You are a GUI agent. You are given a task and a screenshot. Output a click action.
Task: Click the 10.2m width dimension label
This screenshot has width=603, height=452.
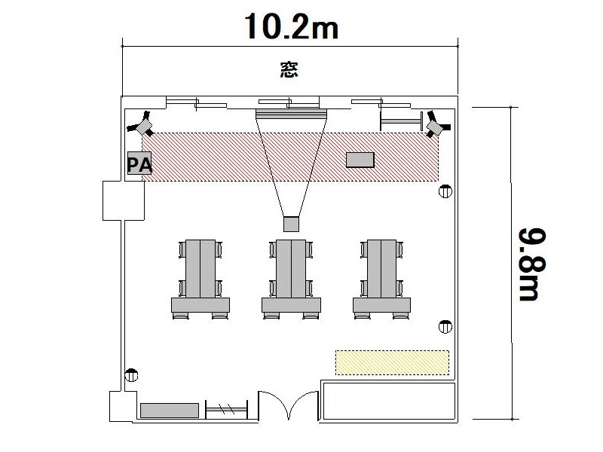(291, 26)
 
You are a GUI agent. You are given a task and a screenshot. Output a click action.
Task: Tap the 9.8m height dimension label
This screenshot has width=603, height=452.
(532, 264)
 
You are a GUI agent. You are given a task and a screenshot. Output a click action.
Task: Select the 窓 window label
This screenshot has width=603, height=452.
(289, 69)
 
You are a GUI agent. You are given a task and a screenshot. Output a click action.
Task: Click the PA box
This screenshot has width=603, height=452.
(139, 163)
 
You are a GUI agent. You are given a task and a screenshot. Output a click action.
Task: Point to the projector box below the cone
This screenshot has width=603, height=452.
(291, 224)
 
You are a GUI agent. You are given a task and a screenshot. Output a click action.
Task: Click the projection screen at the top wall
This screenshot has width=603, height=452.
(291, 114)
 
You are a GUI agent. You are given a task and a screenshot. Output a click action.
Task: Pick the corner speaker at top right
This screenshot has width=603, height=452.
(436, 124)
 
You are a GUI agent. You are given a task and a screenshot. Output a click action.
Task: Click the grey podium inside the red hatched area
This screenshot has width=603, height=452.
(360, 160)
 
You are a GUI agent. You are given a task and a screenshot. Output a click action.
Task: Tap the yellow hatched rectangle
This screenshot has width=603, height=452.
(392, 362)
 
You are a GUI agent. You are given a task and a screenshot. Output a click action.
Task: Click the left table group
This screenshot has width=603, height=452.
(200, 279)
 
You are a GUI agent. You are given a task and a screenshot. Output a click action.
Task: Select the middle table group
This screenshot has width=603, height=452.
(291, 279)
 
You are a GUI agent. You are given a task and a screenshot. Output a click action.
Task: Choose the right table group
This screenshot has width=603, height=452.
(382, 279)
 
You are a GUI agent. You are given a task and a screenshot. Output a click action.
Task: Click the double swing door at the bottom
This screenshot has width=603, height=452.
(289, 405)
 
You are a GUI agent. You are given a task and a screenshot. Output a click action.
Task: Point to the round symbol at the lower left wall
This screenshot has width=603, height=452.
(131, 374)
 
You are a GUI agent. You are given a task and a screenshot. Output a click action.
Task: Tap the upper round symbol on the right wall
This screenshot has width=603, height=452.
(445, 191)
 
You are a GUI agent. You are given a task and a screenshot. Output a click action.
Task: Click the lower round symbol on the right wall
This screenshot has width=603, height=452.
(445, 327)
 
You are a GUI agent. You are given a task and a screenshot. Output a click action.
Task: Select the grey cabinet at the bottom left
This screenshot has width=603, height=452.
(170, 411)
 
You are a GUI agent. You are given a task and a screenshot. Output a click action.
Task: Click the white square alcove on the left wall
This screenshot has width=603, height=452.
(124, 200)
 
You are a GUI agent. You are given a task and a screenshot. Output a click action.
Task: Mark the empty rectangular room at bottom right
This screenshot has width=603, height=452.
(389, 401)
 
